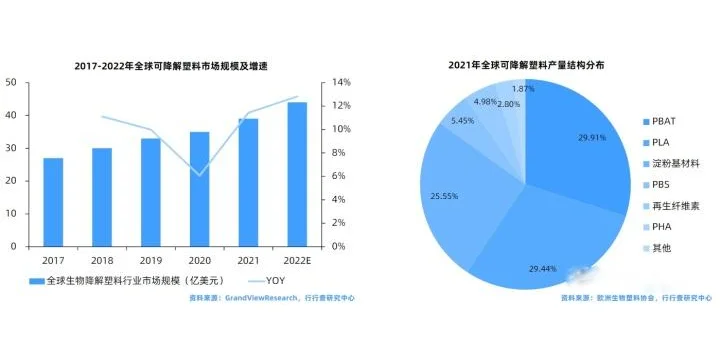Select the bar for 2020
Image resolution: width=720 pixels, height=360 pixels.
[200, 189]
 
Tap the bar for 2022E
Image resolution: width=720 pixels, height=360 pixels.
[297, 174]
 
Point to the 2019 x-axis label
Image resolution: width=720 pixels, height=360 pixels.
[151, 258]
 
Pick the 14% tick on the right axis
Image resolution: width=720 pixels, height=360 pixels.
[341, 82]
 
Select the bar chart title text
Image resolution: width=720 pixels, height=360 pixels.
[177, 66]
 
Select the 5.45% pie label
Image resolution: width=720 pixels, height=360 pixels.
[463, 121]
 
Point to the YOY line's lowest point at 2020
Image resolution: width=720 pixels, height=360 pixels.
[200, 175]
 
